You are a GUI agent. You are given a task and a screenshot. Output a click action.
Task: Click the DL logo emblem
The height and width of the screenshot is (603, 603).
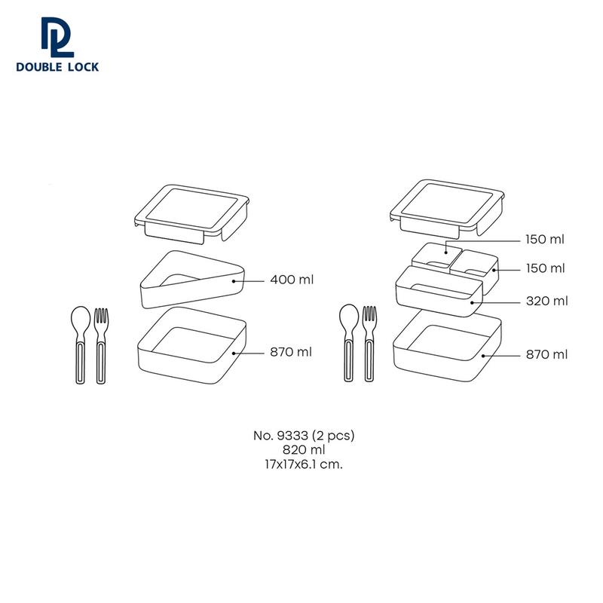pyautogui.click(x=57, y=37)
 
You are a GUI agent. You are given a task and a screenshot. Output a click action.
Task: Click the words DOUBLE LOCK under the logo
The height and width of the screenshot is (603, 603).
pyautogui.click(x=57, y=67)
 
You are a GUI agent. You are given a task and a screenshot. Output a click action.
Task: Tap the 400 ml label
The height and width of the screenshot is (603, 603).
pyautogui.click(x=292, y=280)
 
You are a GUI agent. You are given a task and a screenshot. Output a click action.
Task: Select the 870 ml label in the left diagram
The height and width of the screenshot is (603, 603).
pyautogui.click(x=291, y=352)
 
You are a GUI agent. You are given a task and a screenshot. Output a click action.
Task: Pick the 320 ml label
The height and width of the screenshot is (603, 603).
pyautogui.click(x=547, y=301)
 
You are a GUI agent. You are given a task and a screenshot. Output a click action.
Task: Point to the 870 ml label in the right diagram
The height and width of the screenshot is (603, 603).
pyautogui.click(x=547, y=354)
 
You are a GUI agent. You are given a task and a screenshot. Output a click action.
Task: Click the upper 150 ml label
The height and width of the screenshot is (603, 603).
pyautogui.click(x=545, y=239)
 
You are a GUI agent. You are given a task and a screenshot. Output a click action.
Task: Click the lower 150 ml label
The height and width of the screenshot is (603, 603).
pyautogui.click(x=545, y=268)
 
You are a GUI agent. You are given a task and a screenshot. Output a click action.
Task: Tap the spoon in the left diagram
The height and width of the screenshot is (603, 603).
pyautogui.click(x=81, y=344)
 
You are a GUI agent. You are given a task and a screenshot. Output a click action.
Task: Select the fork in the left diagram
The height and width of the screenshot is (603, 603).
pyautogui.click(x=101, y=345)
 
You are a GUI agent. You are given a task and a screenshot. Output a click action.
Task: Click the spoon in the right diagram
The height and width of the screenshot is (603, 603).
pyautogui.click(x=349, y=343)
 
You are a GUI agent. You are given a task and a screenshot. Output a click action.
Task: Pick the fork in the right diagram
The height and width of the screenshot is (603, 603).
pyautogui.click(x=369, y=344)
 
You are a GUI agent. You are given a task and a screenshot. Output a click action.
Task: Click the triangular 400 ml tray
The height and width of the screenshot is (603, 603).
pyautogui.click(x=192, y=292)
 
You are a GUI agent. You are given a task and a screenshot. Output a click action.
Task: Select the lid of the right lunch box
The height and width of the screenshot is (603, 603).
pyautogui.click(x=447, y=209)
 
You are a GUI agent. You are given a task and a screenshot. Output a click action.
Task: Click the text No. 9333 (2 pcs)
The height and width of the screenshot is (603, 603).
pyautogui.click(x=304, y=436)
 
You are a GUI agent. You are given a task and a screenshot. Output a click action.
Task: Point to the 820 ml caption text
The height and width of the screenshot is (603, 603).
pyautogui.click(x=304, y=449)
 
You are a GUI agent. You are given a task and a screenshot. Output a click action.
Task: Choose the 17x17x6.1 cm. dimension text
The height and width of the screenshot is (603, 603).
pyautogui.click(x=304, y=464)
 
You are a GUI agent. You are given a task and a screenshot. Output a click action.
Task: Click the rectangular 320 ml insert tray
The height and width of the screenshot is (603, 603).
pyautogui.click(x=439, y=292)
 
